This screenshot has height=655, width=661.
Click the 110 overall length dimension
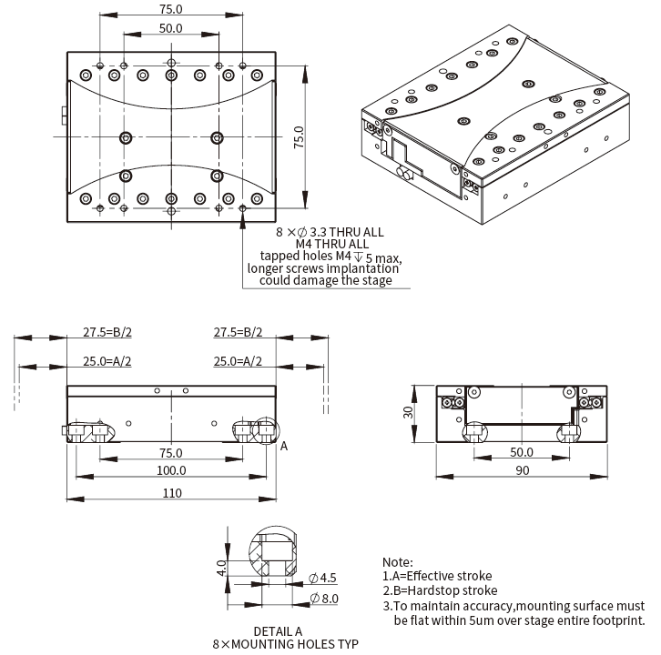tap(171, 492)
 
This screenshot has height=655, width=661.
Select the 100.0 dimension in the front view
tap(171, 470)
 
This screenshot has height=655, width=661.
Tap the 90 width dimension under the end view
tap(521, 469)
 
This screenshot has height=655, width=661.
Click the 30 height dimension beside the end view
tap(409, 411)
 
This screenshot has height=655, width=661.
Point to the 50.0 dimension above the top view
tap(170, 28)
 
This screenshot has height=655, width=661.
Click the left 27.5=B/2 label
tap(107, 332)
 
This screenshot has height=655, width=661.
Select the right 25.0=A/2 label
tap(238, 361)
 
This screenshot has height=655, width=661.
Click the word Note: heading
tap(397, 562)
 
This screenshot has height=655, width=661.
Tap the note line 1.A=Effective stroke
tap(437, 576)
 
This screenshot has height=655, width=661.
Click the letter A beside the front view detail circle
tap(284, 446)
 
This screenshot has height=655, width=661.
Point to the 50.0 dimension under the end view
tap(521, 451)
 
